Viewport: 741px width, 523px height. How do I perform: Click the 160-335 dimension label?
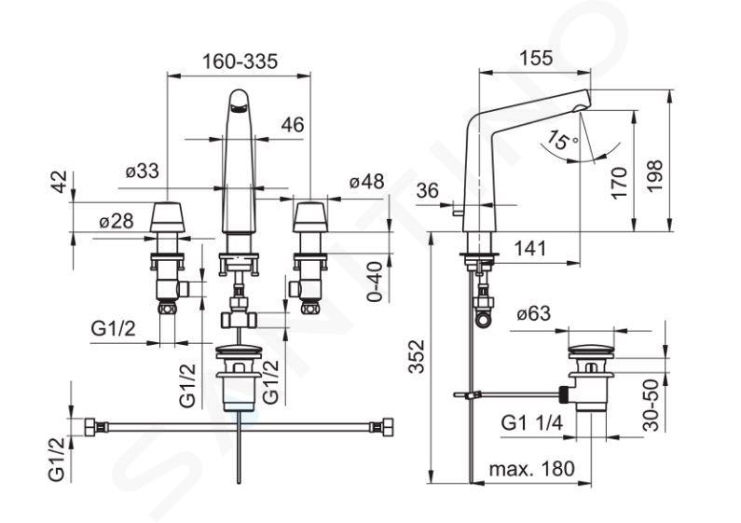tap(240, 62)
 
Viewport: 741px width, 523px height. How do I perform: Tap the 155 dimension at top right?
tap(535, 58)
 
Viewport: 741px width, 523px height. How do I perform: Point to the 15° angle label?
tap(561, 140)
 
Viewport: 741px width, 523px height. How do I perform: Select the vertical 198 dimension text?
tap(654, 176)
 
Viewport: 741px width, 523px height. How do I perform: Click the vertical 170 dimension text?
tap(619, 183)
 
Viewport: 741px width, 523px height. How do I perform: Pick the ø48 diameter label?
tap(367, 181)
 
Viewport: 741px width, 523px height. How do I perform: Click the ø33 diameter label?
tap(143, 171)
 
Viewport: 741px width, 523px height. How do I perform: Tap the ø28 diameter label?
tap(117, 221)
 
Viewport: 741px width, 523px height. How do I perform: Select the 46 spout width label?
tap(293, 125)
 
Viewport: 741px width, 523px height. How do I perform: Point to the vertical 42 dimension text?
tap(60, 182)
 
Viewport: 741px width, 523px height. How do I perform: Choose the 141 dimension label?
tap(529, 248)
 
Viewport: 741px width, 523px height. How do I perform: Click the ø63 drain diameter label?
tap(533, 313)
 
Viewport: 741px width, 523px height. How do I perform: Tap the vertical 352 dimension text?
tap(417, 356)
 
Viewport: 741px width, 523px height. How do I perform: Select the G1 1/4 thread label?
tap(532, 423)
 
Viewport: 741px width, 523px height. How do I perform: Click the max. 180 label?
tap(532, 469)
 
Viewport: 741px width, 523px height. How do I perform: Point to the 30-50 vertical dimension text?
tap(652, 405)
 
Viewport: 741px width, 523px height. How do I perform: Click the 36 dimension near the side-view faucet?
tap(428, 191)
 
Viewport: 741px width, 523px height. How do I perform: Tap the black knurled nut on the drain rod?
tap(564, 394)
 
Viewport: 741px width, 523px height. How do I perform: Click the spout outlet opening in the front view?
tap(238, 110)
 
